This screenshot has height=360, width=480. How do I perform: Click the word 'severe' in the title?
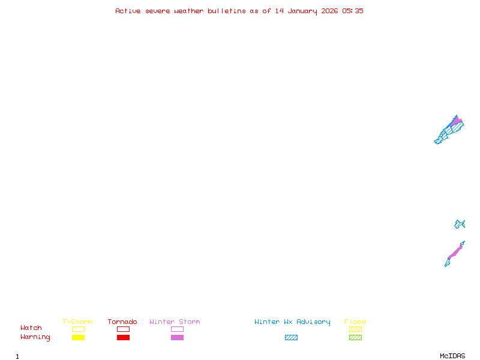[x=158, y=11]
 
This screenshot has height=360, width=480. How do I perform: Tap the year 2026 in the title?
[x=329, y=11]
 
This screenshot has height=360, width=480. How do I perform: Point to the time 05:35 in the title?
[x=353, y=11]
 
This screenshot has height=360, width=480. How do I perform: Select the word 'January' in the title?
[x=302, y=11]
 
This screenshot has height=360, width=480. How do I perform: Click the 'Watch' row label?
[x=31, y=328]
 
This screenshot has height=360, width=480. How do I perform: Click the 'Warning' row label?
[x=35, y=337]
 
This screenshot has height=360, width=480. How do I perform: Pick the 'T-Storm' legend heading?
[x=77, y=322]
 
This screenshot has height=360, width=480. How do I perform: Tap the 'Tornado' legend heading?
[x=122, y=322]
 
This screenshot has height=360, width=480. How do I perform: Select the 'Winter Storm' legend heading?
[x=175, y=322]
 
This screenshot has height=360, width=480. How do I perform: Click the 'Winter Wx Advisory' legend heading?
[x=292, y=322]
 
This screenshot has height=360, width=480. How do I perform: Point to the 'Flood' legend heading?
[x=355, y=322]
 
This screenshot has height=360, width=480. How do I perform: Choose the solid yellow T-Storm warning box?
[x=79, y=337]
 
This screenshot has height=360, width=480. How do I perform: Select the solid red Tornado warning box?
[x=124, y=337]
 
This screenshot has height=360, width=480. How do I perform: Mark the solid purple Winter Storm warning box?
[x=177, y=337]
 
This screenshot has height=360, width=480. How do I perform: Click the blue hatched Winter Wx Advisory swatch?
[x=291, y=337]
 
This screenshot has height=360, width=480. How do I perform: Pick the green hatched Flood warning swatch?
[x=355, y=337]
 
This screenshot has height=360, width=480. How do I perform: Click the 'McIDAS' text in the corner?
[x=452, y=356]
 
